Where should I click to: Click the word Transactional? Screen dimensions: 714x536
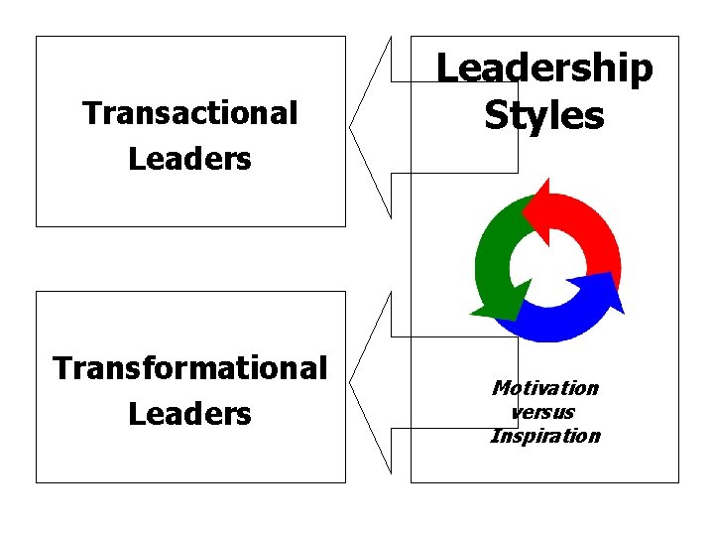point(190,114)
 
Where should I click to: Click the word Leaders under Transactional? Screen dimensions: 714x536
point(190,159)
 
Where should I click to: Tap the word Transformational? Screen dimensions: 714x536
point(190,368)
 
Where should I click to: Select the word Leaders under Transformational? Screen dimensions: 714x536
point(190,413)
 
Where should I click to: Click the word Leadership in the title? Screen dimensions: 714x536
point(545,68)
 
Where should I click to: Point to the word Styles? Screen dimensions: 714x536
point(544,115)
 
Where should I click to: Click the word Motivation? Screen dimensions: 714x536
point(545,388)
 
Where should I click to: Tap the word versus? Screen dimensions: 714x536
point(543,412)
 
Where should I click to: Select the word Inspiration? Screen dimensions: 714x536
point(545,436)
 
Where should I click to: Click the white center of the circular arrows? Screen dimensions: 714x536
point(546,262)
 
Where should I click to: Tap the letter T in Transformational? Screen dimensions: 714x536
point(60,368)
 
